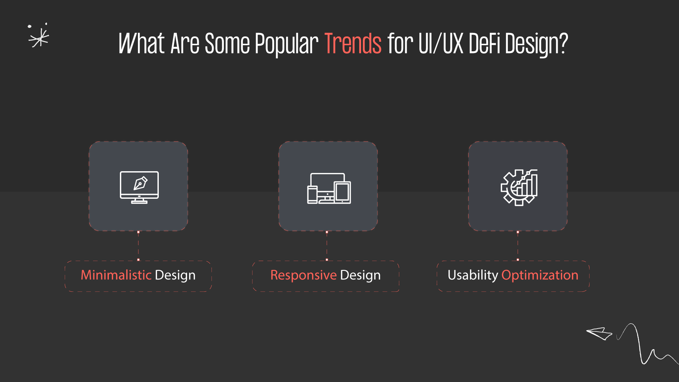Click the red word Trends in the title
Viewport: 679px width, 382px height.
(x=353, y=44)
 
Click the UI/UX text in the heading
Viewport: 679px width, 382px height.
(x=441, y=44)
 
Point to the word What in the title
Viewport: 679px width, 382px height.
(x=141, y=44)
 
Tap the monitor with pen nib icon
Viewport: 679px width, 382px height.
(x=139, y=187)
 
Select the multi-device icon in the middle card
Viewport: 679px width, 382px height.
(x=329, y=188)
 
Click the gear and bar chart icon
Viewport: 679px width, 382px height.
(x=519, y=187)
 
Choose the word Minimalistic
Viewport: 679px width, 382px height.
(x=116, y=275)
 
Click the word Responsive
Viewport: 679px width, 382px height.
(x=303, y=275)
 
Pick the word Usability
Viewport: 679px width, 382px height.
(x=472, y=275)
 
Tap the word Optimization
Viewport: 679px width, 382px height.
(x=540, y=275)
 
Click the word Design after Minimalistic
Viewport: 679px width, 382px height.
(x=175, y=275)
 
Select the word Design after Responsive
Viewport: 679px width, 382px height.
(x=360, y=275)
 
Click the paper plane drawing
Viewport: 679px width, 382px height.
(x=599, y=333)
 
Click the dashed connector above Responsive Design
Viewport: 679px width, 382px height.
(x=327, y=246)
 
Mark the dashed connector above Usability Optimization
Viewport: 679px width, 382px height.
(x=518, y=246)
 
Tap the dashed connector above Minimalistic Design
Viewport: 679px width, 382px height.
(x=138, y=246)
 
